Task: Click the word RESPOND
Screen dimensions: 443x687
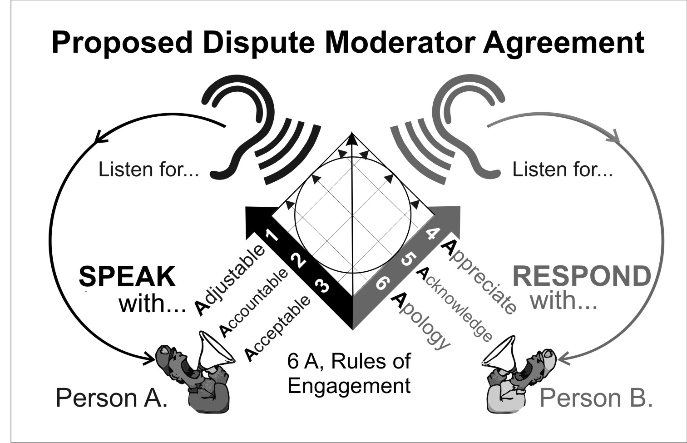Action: (x=582, y=276)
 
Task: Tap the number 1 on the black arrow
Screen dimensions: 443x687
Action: (x=272, y=235)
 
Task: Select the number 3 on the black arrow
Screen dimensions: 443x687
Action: (x=322, y=287)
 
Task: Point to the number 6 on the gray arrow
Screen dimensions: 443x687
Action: (x=381, y=284)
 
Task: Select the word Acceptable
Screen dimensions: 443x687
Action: (x=278, y=329)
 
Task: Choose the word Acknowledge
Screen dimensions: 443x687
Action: (x=454, y=304)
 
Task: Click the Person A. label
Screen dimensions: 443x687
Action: (x=111, y=398)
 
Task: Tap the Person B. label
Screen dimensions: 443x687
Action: (x=596, y=398)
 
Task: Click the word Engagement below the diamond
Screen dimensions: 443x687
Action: (x=349, y=386)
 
